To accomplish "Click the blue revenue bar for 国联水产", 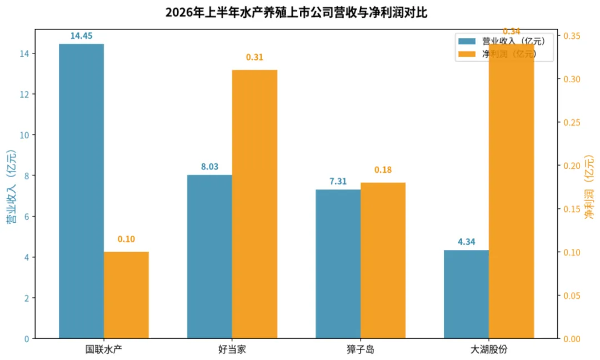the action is pyautogui.click(x=82, y=191).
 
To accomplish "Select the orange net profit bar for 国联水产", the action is pyautogui.click(x=126, y=295).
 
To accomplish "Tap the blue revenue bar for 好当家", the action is pyautogui.click(x=209, y=257).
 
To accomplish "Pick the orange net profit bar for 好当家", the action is pyautogui.click(x=255, y=204).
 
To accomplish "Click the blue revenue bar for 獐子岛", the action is pyautogui.click(x=338, y=264).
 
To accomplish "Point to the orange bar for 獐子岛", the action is pyautogui.click(x=383, y=261).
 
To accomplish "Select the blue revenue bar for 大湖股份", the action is pyautogui.click(x=467, y=294).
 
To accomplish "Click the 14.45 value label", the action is pyautogui.click(x=81, y=36).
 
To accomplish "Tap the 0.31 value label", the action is pyautogui.click(x=254, y=57).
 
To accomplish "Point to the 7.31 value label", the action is pyautogui.click(x=338, y=181).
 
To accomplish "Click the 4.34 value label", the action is pyautogui.click(x=467, y=242).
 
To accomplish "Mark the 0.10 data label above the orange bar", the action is pyautogui.click(x=126, y=239).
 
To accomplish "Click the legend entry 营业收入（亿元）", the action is pyautogui.click(x=502, y=41).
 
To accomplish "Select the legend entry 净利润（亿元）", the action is pyautogui.click(x=497, y=54).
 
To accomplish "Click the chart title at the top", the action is pyautogui.click(x=296, y=12).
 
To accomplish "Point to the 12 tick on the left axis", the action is pyautogui.click(x=24, y=94).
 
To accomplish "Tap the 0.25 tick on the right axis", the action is pyautogui.click(x=572, y=122).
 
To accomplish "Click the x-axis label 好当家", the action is pyautogui.click(x=232, y=349).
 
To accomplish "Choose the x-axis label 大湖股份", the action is pyautogui.click(x=489, y=349).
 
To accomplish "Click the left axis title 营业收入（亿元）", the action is pyautogui.click(x=12, y=186).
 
